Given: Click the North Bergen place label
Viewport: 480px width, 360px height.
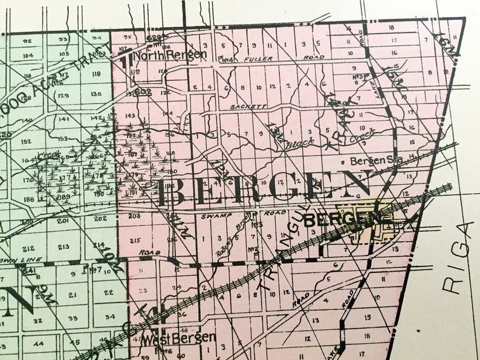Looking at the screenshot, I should point(171,55).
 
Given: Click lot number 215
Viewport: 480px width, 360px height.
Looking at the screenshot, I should point(134,240).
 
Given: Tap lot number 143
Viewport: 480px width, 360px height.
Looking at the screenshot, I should point(129,115).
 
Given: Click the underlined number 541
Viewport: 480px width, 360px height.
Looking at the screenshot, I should point(27,271).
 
